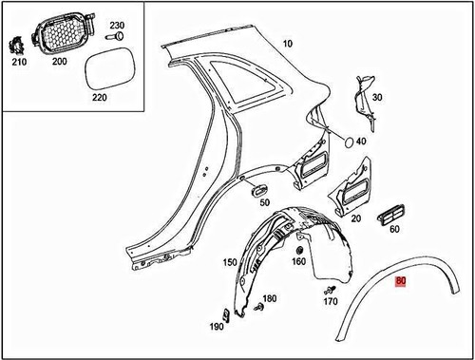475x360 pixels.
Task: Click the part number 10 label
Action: pos(287,44)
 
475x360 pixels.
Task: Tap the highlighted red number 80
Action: pos(401,281)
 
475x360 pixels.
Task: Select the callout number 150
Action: pos(229,262)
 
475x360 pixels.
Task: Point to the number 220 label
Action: pos(98,96)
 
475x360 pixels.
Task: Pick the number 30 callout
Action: pos(376,98)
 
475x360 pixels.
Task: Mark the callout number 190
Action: pos(218,327)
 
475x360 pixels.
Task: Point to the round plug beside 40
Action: pos(348,142)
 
